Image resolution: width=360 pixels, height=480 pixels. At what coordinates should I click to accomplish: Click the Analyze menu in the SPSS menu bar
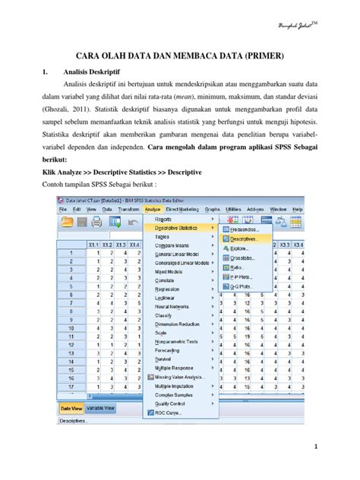153,208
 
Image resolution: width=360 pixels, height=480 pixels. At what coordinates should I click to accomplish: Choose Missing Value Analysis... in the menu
183,376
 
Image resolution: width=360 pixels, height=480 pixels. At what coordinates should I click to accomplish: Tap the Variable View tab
100,408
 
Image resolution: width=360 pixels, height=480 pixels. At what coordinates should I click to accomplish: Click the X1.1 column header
95,244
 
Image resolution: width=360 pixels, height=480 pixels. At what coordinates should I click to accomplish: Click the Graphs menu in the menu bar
212,208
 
